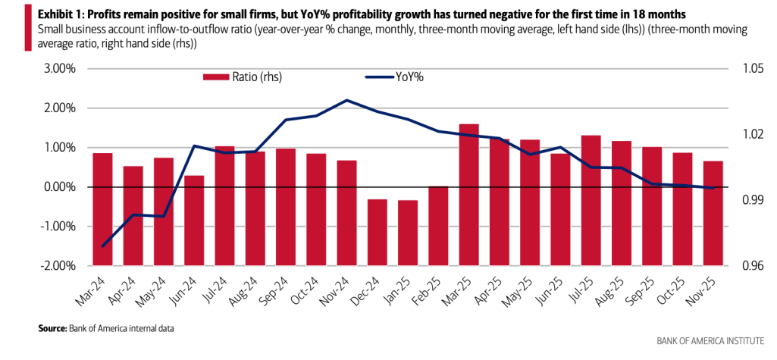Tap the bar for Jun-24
click(x=194, y=181)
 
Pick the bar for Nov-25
click(x=713, y=174)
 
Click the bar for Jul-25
click(x=591, y=161)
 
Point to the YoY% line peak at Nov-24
click(x=346, y=100)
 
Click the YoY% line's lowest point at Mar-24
click(x=102, y=246)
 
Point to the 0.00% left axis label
click(x=57, y=187)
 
